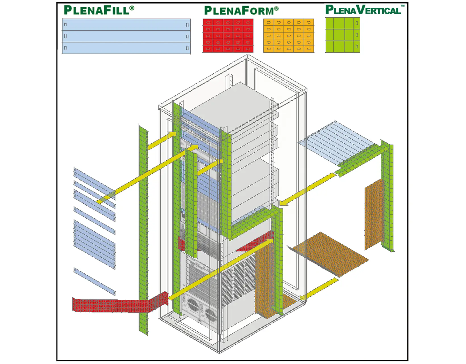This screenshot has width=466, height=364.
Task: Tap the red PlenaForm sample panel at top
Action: point(228,36)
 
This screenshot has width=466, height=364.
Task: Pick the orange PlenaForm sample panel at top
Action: point(289,36)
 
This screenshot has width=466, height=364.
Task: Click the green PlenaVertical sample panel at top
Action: point(343,35)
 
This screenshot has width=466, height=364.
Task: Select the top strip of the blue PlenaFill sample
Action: point(126,25)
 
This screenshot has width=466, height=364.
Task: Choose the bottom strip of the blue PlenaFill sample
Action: point(126,48)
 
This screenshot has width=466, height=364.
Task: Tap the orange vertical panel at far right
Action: point(374,215)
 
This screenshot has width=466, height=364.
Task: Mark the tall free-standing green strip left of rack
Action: point(143,227)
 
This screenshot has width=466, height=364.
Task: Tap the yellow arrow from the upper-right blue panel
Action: point(308,189)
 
